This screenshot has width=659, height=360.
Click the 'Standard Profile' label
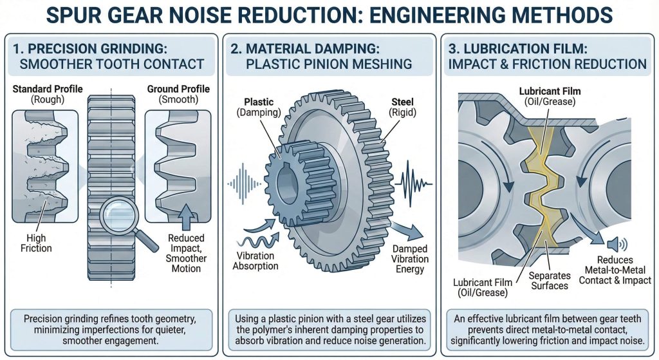pyautogui.click(x=46, y=89)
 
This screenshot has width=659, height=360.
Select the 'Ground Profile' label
pyautogui.click(x=178, y=89)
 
